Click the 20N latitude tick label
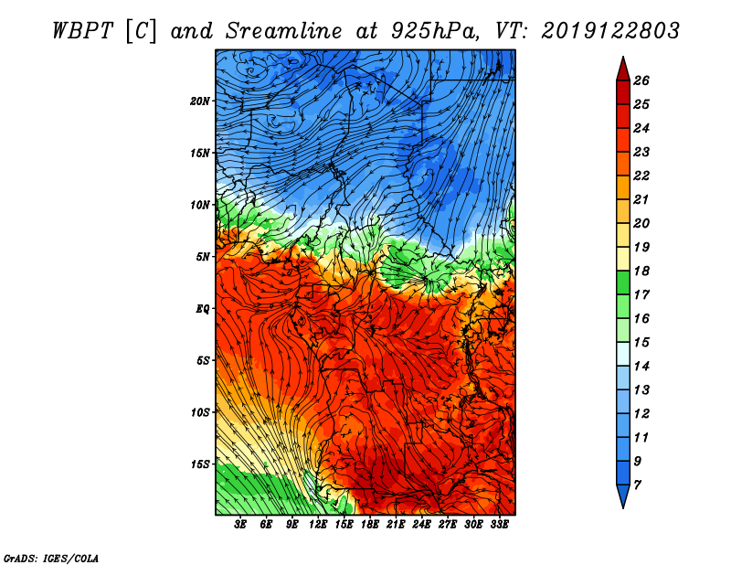(200, 101)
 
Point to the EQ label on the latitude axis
(202, 309)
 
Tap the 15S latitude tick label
(200, 464)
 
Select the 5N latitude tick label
(203, 257)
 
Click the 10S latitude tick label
(200, 412)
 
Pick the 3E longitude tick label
(240, 525)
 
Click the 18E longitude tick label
(370, 525)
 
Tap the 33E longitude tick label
(499, 525)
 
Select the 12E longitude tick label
(318, 525)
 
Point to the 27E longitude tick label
(448, 525)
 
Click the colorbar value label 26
(641, 80)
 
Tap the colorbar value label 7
(637, 485)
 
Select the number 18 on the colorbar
(641, 271)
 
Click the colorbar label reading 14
(641, 367)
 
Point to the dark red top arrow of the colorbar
(623, 70)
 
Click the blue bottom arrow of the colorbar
(623, 496)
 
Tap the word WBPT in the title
(83, 31)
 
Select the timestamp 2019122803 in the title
(610, 31)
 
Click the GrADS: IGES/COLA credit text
(51, 558)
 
